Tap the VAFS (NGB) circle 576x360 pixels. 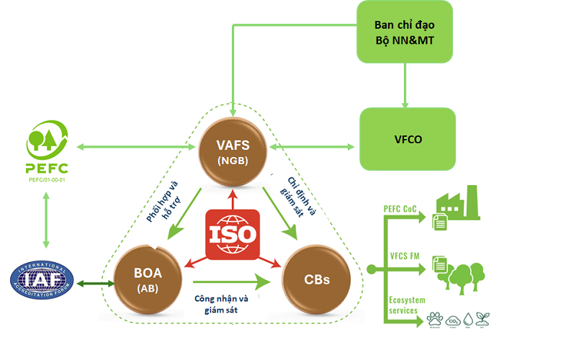coord(233,147)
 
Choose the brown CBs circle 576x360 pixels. coord(317,278)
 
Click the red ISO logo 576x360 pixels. coord(232,235)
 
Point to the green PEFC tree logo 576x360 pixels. coord(47,139)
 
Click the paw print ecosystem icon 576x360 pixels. coord(434,319)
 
